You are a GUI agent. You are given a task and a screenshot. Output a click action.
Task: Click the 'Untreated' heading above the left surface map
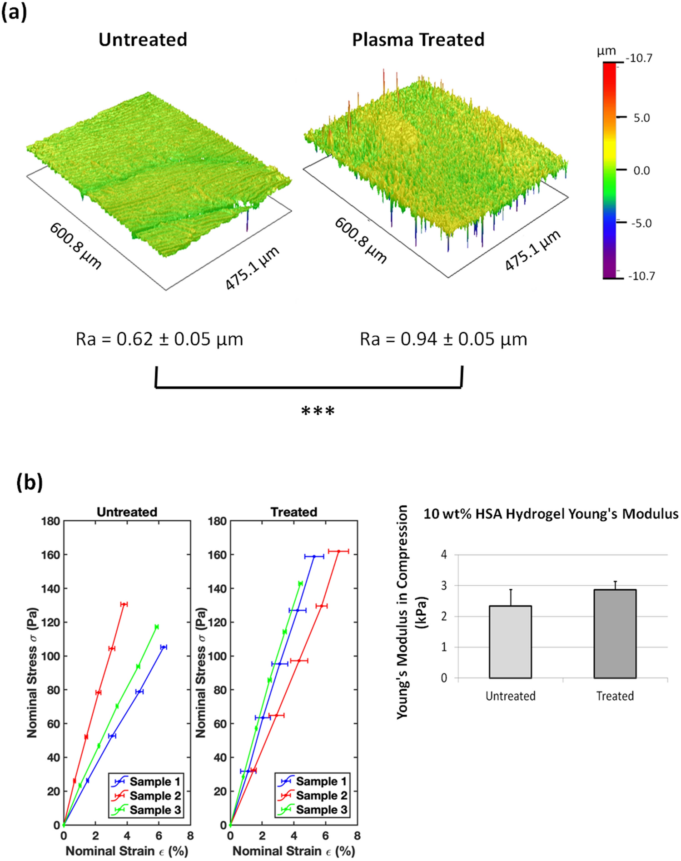click(143, 40)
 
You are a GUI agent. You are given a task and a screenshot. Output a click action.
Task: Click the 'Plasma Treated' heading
click(418, 40)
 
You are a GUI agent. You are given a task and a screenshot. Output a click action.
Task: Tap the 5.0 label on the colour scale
click(641, 118)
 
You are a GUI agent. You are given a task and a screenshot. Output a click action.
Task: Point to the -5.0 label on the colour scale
click(641, 224)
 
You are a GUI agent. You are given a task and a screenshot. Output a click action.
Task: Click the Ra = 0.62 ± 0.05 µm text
click(159, 339)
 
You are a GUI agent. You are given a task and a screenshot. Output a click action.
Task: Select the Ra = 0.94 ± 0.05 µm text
click(443, 339)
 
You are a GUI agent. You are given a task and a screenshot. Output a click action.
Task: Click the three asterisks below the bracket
click(318, 411)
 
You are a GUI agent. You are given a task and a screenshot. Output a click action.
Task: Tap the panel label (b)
click(30, 482)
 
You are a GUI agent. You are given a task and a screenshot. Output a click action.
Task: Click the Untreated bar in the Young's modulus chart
click(510, 642)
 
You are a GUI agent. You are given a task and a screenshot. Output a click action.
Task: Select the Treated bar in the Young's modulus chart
click(615, 634)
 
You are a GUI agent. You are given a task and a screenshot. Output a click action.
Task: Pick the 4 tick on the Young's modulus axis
click(444, 554)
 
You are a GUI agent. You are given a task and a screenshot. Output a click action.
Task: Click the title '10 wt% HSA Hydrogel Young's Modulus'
click(551, 514)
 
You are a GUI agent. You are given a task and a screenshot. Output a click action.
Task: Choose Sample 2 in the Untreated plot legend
click(154, 796)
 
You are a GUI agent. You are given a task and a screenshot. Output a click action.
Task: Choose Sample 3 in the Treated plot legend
click(321, 810)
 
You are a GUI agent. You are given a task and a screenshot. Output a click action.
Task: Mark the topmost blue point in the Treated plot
click(314, 556)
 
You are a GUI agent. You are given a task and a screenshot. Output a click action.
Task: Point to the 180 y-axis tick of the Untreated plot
click(50, 521)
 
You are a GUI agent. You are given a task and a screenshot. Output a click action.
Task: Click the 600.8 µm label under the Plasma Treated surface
click(361, 240)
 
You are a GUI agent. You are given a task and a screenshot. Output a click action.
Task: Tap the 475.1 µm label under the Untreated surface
click(252, 269)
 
